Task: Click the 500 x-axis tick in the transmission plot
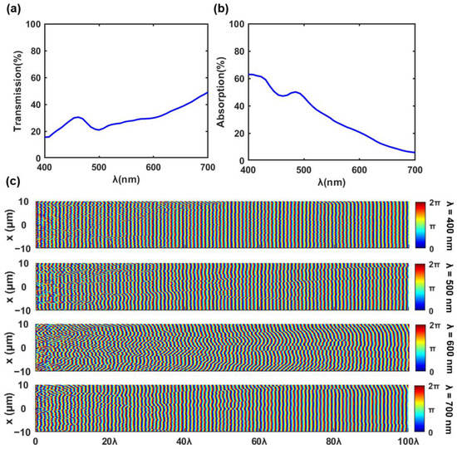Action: click(99, 165)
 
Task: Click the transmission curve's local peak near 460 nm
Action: click(77, 117)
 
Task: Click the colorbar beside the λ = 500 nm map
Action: click(420, 286)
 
